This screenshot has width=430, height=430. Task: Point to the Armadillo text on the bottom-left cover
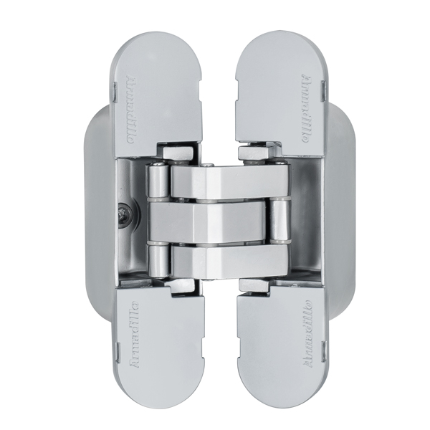133,336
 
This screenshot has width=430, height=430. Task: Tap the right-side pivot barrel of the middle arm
277,223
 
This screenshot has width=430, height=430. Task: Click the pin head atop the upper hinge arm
207,167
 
